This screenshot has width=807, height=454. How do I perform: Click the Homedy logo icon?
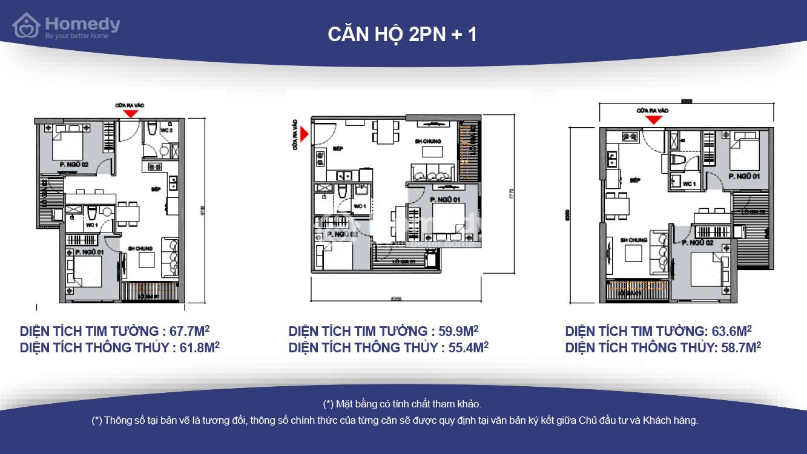26,25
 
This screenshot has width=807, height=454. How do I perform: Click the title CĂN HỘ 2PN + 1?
403,35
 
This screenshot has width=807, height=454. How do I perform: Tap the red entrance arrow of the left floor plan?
129,113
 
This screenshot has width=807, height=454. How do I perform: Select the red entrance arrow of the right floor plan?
653,119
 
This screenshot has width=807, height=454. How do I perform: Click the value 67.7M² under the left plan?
188,331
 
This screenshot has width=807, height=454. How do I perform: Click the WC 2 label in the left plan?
166,131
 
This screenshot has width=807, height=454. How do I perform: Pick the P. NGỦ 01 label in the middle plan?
445,200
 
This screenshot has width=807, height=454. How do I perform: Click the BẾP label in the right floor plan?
635,180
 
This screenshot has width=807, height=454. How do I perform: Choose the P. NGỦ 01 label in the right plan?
744,176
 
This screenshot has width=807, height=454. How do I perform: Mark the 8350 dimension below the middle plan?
396,298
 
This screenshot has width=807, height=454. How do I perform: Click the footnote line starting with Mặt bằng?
403,404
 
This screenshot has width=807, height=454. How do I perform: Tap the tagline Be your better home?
77,36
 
